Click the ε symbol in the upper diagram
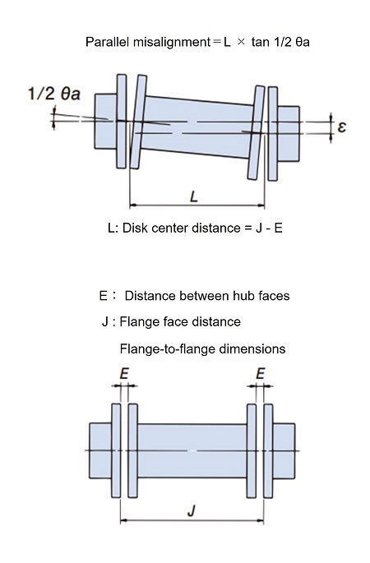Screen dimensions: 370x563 pyautogui.click(x=341, y=127)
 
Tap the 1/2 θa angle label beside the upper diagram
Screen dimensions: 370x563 pyautogui.click(x=54, y=94)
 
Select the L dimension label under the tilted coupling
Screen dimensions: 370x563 pyautogui.click(x=194, y=196)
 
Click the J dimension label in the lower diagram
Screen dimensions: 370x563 pyautogui.click(x=192, y=510)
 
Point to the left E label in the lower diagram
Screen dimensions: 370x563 pyautogui.click(x=124, y=374)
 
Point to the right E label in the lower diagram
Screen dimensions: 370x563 pyautogui.click(x=261, y=374)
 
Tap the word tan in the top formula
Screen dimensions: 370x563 pyautogui.click(x=261, y=42)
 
